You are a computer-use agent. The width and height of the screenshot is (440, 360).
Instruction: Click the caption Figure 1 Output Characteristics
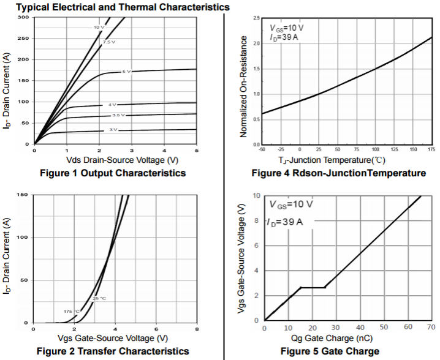click(x=112, y=173)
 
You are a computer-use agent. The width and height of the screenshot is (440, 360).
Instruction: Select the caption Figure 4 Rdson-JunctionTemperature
click(x=338, y=173)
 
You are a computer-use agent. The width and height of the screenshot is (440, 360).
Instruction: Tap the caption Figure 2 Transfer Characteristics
click(x=113, y=351)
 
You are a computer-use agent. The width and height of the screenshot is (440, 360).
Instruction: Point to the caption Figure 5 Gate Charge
click(x=330, y=351)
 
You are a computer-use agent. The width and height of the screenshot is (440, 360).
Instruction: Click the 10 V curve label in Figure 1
click(x=98, y=28)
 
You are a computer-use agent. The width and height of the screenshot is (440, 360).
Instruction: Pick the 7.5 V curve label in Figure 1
click(x=108, y=42)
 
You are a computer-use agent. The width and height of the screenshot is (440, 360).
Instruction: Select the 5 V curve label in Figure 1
click(x=126, y=72)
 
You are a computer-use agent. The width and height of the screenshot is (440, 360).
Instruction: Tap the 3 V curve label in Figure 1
click(x=113, y=130)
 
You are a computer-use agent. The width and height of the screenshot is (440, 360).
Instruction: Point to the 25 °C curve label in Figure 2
click(x=99, y=298)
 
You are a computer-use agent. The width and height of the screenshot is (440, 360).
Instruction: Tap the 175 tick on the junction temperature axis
click(x=431, y=149)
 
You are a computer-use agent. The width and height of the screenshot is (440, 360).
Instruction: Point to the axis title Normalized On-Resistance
click(x=243, y=86)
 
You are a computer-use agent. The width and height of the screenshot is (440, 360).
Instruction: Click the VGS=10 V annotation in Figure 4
click(x=287, y=28)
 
